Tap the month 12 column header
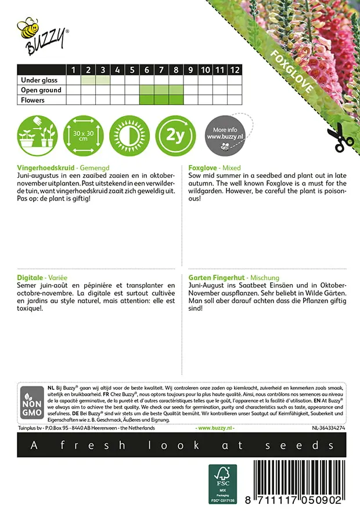(x=234, y=70)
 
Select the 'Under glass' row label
(x=39, y=80)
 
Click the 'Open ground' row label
(x=41, y=90)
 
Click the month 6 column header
(x=147, y=70)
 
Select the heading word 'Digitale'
(x=32, y=278)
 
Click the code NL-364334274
(x=329, y=428)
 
